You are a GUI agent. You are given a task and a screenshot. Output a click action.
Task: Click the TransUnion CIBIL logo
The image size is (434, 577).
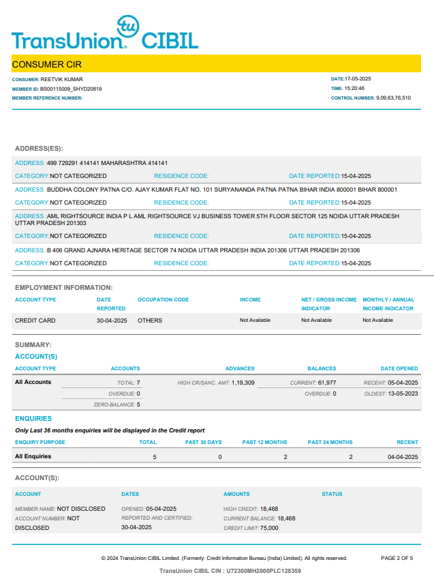[x=105, y=33]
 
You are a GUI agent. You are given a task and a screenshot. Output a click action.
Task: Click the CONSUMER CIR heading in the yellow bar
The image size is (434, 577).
[x=47, y=64]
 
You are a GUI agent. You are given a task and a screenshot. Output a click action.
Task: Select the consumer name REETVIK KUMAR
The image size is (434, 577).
[x=67, y=80]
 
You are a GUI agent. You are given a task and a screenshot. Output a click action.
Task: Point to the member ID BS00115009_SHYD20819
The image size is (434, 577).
[x=71, y=89]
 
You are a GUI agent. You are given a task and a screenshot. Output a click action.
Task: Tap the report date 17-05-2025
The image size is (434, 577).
[x=358, y=80]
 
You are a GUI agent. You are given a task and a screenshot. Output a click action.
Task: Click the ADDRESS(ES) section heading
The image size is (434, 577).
[x=39, y=148]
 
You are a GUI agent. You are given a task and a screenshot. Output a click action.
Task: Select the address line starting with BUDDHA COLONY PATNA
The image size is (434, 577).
[x=221, y=190]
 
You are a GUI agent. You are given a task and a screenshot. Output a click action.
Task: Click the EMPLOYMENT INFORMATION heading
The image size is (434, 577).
[x=64, y=288]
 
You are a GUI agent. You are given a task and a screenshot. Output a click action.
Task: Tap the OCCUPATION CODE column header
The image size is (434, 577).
[x=164, y=299]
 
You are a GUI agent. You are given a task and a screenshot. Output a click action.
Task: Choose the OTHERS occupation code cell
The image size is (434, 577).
[x=150, y=320]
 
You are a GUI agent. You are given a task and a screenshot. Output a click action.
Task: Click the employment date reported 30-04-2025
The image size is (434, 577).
[x=112, y=320]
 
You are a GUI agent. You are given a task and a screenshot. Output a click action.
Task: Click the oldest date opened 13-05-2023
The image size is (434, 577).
[x=403, y=394]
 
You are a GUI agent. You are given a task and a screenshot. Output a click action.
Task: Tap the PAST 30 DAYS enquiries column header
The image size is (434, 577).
[x=204, y=443]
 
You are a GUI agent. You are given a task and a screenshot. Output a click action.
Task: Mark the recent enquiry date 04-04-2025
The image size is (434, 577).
[x=403, y=456]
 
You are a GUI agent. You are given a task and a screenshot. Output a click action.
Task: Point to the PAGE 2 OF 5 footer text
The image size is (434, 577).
[x=397, y=559]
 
